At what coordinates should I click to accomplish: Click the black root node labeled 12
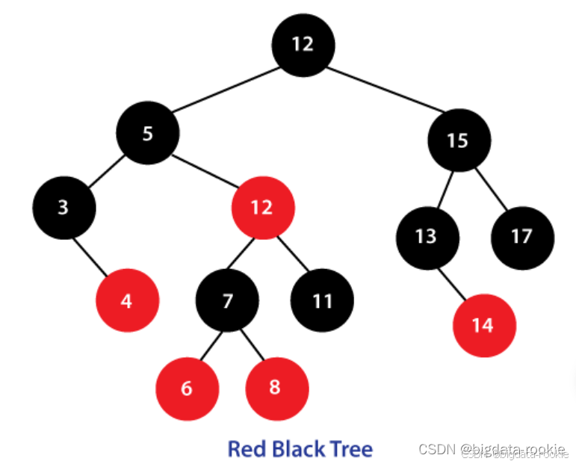[x=303, y=45]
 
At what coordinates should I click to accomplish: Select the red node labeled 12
[x=262, y=207]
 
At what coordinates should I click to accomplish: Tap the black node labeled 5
[x=147, y=134]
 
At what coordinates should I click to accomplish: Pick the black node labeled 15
[x=459, y=140]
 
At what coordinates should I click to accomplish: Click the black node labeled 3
[x=64, y=207]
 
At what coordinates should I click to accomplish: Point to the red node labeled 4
[x=127, y=301]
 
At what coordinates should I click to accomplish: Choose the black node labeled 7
[x=227, y=301]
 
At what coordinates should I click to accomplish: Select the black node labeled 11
[x=322, y=301]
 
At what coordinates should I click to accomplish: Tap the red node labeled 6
[x=187, y=389]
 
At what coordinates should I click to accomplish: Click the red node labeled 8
[x=276, y=389]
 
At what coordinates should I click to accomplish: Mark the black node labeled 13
[x=427, y=237]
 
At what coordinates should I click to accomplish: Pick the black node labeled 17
[x=522, y=237]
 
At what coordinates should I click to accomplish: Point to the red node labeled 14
[x=484, y=326]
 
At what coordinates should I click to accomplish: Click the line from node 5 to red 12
[x=205, y=170]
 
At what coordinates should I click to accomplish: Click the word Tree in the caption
[x=345, y=449]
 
